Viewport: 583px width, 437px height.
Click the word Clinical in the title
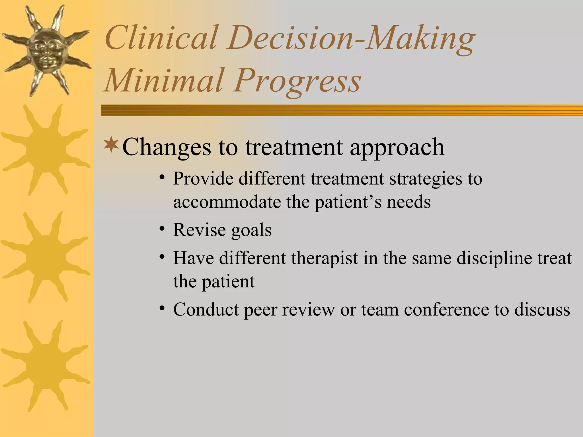pos(161,38)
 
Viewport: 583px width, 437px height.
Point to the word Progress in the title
pos(297,81)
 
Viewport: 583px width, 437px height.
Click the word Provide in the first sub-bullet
pos(203,179)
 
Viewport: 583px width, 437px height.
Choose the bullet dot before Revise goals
pos(162,228)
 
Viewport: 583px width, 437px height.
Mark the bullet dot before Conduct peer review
pos(162,308)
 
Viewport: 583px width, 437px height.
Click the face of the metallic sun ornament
pos(46,50)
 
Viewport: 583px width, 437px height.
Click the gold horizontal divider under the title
pos(342,110)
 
